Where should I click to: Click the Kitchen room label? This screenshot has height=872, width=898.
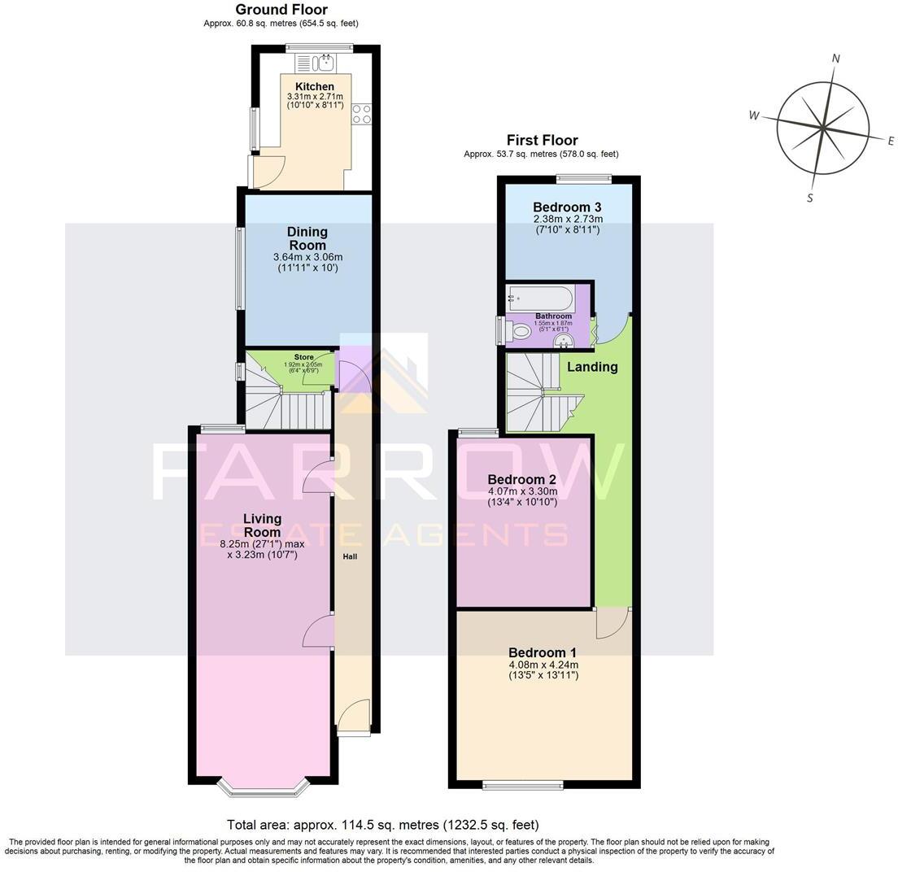[314, 86]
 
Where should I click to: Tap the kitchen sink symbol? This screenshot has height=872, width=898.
[325, 63]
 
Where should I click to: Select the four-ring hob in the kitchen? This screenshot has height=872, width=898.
[361, 116]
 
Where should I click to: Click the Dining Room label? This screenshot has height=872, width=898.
[307, 238]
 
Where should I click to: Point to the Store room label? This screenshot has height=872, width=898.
[303, 357]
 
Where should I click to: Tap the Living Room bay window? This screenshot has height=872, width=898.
[264, 786]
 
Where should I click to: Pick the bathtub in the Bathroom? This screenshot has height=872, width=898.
[539, 297]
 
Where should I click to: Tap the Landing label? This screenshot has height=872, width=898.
[592, 367]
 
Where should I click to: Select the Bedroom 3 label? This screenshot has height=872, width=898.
[566, 207]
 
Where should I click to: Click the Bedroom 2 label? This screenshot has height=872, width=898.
[522, 479]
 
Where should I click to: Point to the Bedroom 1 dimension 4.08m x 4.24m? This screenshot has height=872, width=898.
[543, 665]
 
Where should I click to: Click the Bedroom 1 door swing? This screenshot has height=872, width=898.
[612, 625]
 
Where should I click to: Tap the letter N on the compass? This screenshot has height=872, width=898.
[835, 58]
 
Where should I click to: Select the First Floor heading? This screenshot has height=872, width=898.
[542, 140]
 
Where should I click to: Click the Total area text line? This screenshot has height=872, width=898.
[382, 825]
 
